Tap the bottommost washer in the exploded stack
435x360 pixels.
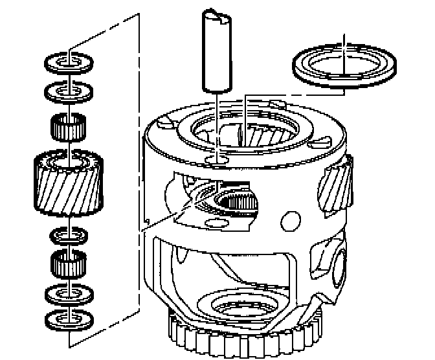coord(69,319)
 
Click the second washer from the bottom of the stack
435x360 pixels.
coord(69,295)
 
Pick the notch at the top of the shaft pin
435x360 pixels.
coord(222,16)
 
